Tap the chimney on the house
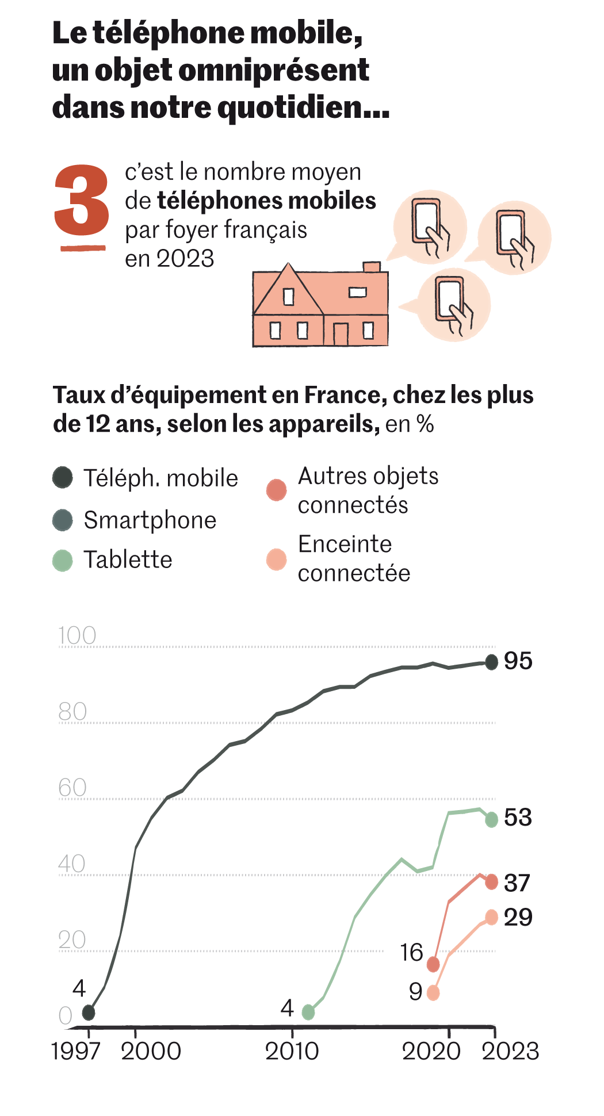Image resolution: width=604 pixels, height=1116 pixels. [x=372, y=267]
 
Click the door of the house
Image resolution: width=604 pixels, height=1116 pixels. [x=341, y=334]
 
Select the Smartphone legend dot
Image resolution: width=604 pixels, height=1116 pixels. [x=62, y=520]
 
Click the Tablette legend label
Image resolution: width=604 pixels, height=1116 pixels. [x=128, y=559]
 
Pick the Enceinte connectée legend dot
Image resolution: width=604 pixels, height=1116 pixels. [x=277, y=559]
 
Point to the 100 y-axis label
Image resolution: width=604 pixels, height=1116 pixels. [x=77, y=635]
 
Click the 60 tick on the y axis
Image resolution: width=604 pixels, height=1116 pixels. [x=72, y=787]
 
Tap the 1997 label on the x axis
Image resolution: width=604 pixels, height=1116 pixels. [x=75, y=1051]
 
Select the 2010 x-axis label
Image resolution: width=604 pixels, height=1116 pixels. [x=292, y=1051]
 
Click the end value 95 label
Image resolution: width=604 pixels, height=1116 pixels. [x=518, y=661]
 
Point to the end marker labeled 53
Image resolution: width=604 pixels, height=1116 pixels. [x=491, y=820]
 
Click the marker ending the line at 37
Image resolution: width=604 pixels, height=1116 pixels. [x=491, y=881]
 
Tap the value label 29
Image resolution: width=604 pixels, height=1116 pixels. [x=518, y=917]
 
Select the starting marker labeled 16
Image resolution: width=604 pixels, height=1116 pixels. [x=433, y=964]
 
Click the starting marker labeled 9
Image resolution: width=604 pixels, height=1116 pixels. [x=433, y=993]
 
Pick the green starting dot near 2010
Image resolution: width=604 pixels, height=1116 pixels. [x=308, y=1012]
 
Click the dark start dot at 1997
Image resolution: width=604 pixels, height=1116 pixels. [x=88, y=1013]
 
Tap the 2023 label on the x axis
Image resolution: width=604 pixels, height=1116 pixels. [x=510, y=1051]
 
